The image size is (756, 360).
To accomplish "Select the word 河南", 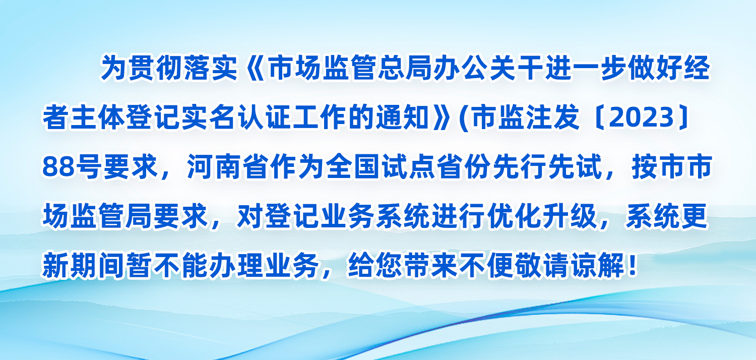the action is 215,167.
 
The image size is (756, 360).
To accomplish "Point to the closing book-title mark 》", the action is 441,117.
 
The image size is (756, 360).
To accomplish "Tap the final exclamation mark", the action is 633,265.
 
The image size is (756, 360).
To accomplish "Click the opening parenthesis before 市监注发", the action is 464,118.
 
